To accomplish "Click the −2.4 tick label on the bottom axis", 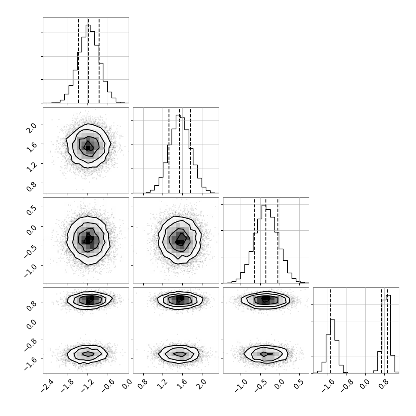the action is (x=47, y=386).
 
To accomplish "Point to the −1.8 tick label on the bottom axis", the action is (x=67, y=386).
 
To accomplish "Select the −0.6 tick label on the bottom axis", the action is (x=108, y=386).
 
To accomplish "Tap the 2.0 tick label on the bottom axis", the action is (x=203, y=384).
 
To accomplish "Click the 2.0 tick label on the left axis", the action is (x=31, y=128).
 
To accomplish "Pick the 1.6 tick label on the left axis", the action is (x=31, y=148).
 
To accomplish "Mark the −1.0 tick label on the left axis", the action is (x=30, y=270).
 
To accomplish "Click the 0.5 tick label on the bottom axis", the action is (x=300, y=384).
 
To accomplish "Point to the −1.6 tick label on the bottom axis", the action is (x=328, y=386).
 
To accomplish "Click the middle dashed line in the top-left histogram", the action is (x=89, y=60).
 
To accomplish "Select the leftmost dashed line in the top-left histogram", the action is (x=78, y=60).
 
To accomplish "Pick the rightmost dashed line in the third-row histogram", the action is (x=278, y=241).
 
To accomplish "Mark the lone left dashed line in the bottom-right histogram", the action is (x=330, y=331).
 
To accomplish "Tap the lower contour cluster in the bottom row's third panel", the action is (x=265, y=354).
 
